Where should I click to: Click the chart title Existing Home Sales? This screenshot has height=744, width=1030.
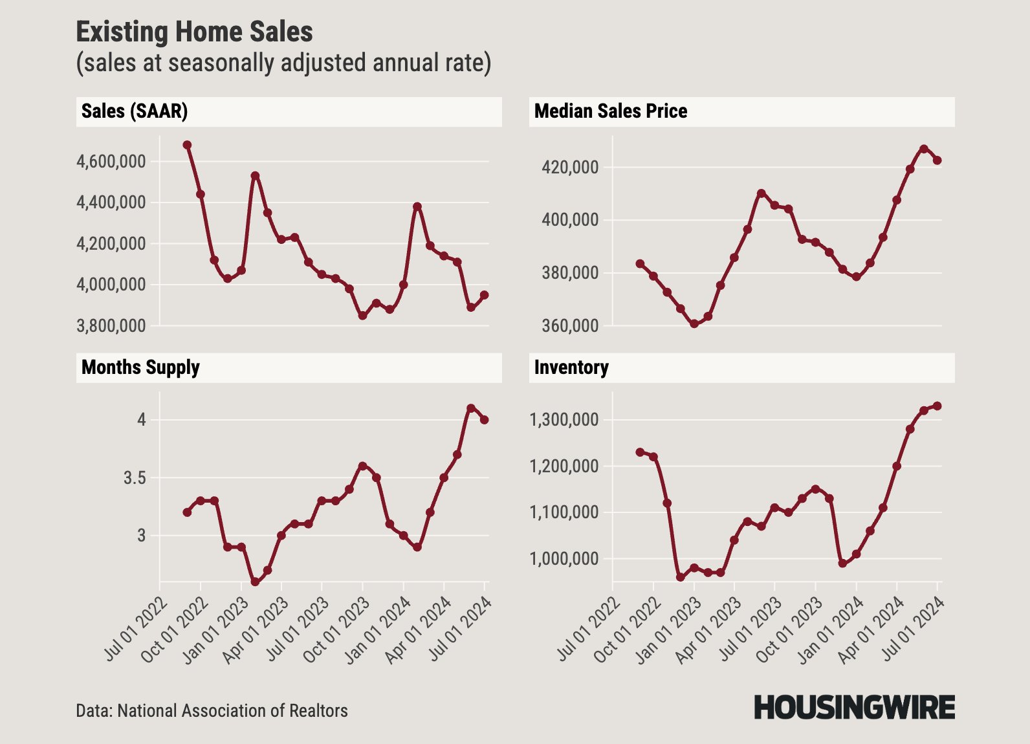[194, 32]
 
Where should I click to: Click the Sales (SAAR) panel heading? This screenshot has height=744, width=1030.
[135, 111]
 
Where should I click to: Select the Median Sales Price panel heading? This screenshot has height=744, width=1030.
[610, 111]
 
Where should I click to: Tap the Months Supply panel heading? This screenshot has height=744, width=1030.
[140, 367]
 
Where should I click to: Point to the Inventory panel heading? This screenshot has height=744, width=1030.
[571, 367]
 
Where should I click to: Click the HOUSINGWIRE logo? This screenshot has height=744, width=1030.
[854, 708]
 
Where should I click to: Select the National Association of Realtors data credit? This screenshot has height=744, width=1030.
[212, 711]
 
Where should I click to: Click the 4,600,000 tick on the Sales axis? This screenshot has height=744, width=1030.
[111, 161]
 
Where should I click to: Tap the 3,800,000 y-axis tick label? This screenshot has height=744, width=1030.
[111, 325]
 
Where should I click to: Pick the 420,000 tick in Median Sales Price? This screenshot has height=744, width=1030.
[570, 168]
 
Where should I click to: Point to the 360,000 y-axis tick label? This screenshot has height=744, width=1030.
[570, 325]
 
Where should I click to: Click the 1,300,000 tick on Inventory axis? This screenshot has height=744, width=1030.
[564, 420]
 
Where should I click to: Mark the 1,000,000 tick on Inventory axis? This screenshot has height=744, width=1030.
[564, 559]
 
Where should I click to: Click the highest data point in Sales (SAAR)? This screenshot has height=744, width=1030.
[187, 145]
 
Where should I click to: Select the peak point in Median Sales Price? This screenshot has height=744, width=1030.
[924, 149]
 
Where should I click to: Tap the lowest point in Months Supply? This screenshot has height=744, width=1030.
[255, 582]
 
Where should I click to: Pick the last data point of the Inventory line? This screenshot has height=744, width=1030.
[937, 406]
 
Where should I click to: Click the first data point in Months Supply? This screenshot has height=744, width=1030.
[187, 512]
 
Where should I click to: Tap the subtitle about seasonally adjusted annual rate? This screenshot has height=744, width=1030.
[283, 63]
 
